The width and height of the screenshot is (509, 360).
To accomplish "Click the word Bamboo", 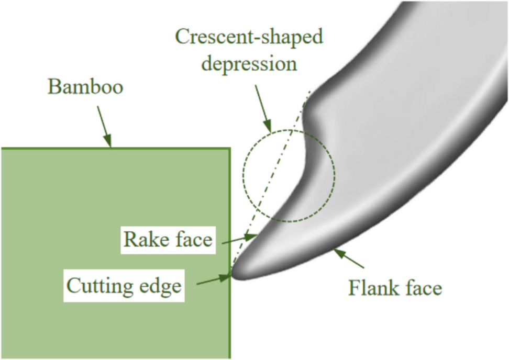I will [x=85, y=87].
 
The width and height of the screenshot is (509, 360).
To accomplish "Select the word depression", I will [x=250, y=64].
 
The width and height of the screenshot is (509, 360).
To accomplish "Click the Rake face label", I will [x=168, y=240].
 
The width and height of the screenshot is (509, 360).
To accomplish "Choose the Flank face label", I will [x=395, y=287].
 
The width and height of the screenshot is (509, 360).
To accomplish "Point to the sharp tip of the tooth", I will [x=233, y=274].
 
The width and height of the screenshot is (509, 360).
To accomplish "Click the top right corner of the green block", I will [x=229, y=148].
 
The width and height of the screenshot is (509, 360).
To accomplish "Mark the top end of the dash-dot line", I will [x=311, y=90].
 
